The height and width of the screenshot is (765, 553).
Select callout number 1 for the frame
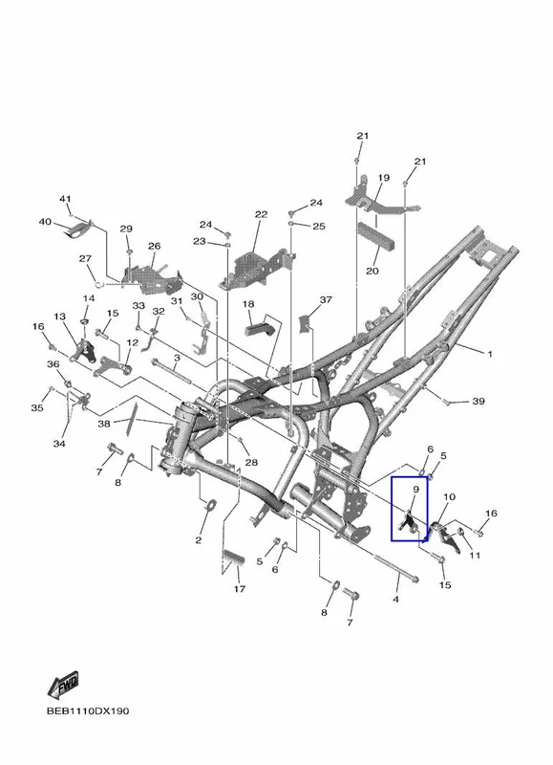pyautogui.click(x=490, y=354)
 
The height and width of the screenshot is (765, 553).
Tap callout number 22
pyautogui.click(x=261, y=214)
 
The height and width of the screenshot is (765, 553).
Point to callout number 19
pyautogui.click(x=383, y=178)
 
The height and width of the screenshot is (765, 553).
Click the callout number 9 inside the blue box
pyautogui.click(x=416, y=489)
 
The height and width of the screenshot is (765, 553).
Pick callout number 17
pyautogui.click(x=239, y=589)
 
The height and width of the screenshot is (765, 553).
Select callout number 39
pyautogui.click(x=479, y=401)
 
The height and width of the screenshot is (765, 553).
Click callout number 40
pyautogui.click(x=45, y=222)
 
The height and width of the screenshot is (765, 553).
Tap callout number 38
pyautogui.click(x=104, y=424)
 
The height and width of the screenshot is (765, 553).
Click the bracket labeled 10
pyautogui.click(x=445, y=536)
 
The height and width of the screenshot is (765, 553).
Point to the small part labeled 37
pyautogui.click(x=305, y=324)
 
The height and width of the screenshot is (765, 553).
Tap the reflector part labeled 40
pyautogui.click(x=79, y=229)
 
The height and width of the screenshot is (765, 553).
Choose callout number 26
pyautogui.click(x=155, y=246)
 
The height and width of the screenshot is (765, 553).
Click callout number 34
pyautogui.click(x=59, y=444)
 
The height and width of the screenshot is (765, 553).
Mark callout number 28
pyautogui.click(x=251, y=462)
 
